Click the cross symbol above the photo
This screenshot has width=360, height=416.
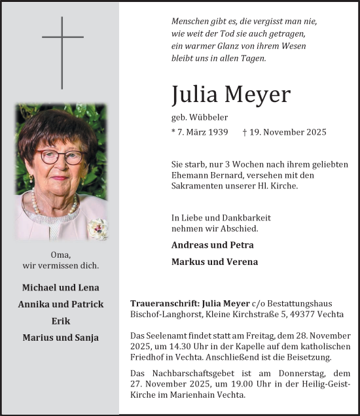tap(63, 52)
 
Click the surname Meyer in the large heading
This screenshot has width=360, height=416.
tap(257, 95)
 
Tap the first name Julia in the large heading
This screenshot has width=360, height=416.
tap(194, 95)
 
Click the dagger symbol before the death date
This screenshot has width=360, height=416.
tap(245, 132)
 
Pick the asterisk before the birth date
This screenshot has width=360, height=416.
tap(173, 131)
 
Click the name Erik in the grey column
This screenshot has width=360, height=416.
tap(61, 321)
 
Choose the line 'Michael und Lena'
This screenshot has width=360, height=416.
tap(61, 287)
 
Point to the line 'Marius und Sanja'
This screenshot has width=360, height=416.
tap(61, 338)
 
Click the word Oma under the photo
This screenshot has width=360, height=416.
tap(60, 254)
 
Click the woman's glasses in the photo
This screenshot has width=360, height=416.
tap(62, 157)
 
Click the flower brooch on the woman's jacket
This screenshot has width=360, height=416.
tap(98, 228)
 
